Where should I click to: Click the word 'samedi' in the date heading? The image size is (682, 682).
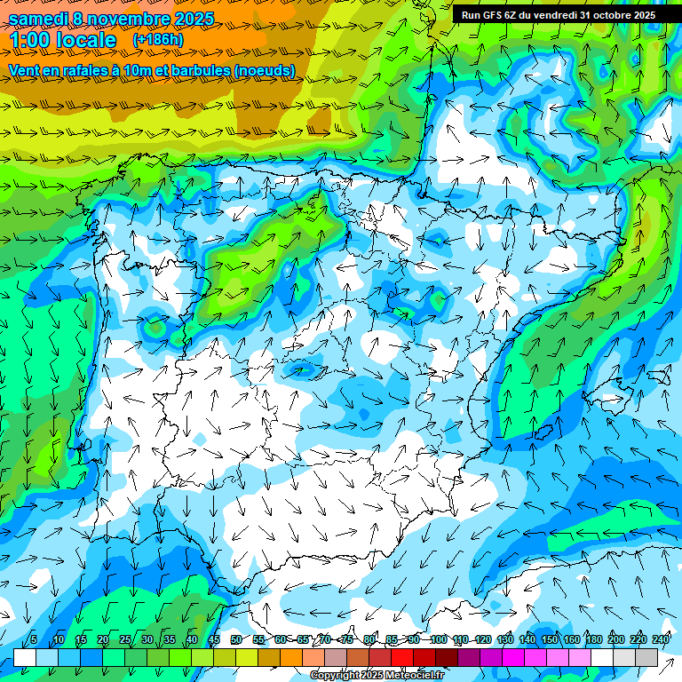pyautogui.click(x=38, y=19)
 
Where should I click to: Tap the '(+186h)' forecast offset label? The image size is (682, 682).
pyautogui.click(x=157, y=40)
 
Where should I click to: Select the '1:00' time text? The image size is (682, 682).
pyautogui.click(x=30, y=41)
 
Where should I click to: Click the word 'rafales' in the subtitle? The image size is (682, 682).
pyautogui.click(x=90, y=70)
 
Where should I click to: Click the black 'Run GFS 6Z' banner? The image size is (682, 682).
pyautogui.click(x=558, y=14)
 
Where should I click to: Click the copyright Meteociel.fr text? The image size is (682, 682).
pyautogui.click(x=377, y=676)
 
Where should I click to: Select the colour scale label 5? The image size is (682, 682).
pyautogui.click(x=33, y=639)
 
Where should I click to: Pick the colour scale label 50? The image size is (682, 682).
pyautogui.click(x=235, y=639)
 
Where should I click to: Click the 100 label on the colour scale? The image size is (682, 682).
pyautogui.click(x=438, y=639)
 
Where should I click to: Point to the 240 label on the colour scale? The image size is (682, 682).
pyautogui.click(x=660, y=639)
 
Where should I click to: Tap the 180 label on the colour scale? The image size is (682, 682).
pyautogui.click(x=593, y=639)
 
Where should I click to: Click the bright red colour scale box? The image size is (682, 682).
pyautogui.click(x=402, y=657)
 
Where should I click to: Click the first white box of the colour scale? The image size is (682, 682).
pyautogui.click(x=25, y=657)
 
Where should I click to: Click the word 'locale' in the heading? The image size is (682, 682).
pyautogui.click(x=88, y=41)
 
